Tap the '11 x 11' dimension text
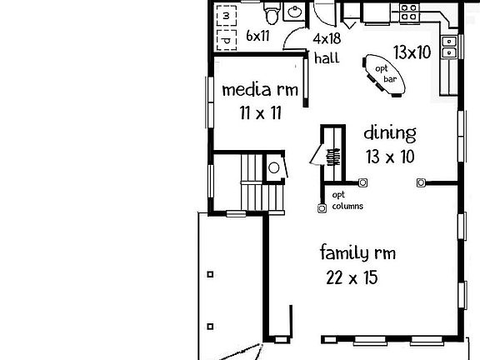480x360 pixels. (257, 113)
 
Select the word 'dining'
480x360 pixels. (389, 132)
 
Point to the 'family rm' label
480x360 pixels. (357, 253)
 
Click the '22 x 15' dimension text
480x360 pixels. (352, 277)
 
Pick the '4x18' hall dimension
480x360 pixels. (327, 39)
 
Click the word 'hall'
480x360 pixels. (325, 57)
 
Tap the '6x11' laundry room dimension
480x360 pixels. (257, 37)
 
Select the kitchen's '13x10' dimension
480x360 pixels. (411, 52)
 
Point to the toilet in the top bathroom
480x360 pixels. (272, 13)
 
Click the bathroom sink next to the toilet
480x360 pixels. (294, 12)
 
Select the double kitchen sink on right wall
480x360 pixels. (450, 46)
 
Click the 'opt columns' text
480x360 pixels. (347, 201)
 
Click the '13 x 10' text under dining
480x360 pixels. (390, 156)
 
